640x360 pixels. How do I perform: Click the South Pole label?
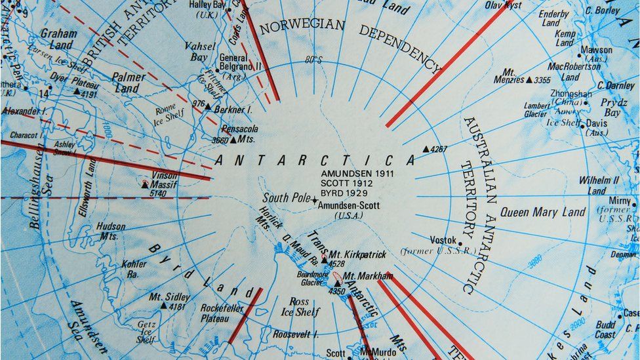click(x=286, y=197)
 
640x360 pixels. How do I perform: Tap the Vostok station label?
click(x=443, y=240)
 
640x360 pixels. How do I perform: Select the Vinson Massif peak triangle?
click(x=145, y=185)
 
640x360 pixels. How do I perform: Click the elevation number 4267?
click(x=439, y=149)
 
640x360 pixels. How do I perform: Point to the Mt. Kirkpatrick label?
click(x=357, y=254)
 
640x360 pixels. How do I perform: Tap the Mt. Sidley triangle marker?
click(x=164, y=306)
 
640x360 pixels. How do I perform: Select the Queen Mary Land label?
click(x=542, y=212)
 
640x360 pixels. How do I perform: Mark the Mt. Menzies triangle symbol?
click(x=529, y=80)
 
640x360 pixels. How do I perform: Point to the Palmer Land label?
click(x=128, y=83)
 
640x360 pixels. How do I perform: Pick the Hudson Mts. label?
click(x=111, y=231)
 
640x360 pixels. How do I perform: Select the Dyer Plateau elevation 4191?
click(x=89, y=94)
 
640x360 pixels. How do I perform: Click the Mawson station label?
click(x=596, y=49)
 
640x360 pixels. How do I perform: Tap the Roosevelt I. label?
click(x=295, y=334)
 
